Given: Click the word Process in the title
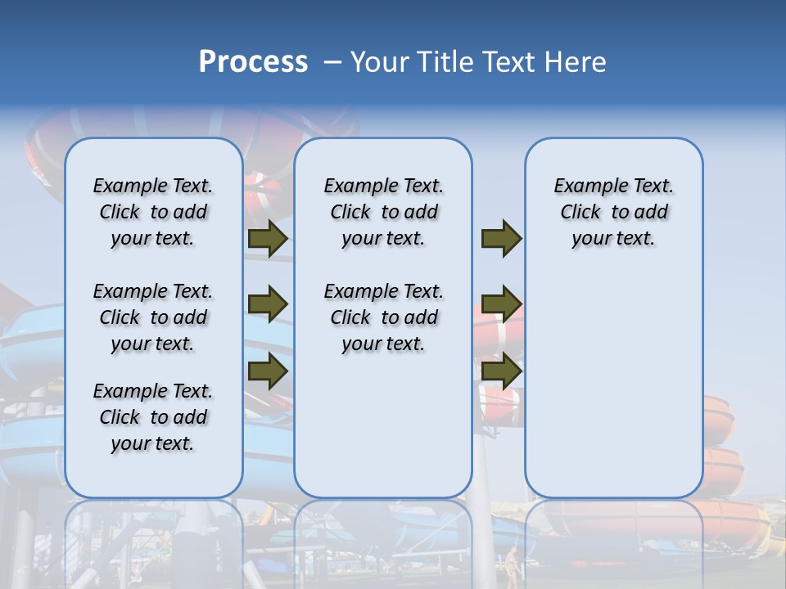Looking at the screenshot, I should [x=253, y=61].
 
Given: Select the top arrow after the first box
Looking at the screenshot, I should [x=268, y=238].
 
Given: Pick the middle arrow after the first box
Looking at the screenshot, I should [x=268, y=304].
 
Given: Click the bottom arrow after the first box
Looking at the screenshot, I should [x=268, y=371].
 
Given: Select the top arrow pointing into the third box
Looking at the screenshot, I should [x=501, y=238].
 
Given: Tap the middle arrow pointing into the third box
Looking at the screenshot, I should [x=501, y=304].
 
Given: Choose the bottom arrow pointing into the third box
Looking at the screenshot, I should [x=501, y=371].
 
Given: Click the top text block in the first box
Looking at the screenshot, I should [x=153, y=212].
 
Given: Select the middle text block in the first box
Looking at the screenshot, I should [x=153, y=317].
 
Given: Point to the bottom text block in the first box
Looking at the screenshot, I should [x=153, y=417].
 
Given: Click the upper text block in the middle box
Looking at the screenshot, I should [x=383, y=212].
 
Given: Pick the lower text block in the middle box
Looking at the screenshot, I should [x=383, y=317].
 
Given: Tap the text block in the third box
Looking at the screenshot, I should [x=613, y=212].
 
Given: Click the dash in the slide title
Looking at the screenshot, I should [x=332, y=62].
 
